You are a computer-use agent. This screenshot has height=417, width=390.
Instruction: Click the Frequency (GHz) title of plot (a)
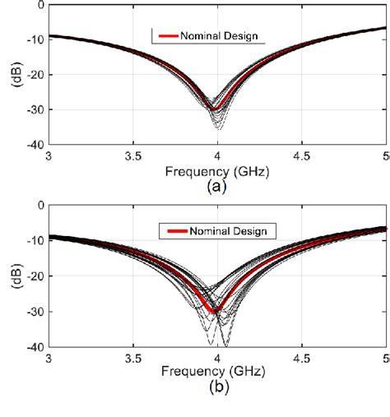click(x=218, y=172)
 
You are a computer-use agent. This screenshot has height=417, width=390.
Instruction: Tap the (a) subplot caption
click(x=216, y=187)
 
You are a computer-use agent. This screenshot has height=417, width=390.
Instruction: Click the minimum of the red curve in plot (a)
click(x=213, y=109)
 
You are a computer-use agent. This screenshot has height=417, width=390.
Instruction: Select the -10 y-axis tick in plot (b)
click(x=32, y=240)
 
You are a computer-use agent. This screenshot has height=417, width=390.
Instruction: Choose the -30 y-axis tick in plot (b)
click(x=32, y=312)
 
